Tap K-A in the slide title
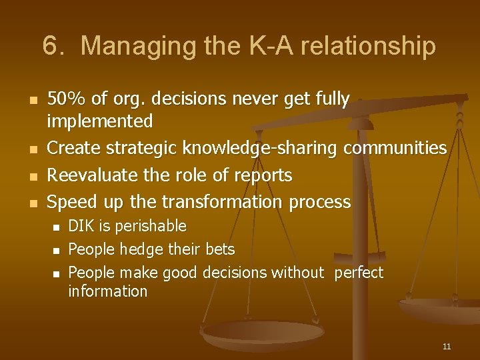pos(260,47)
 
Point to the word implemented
pos(99,121)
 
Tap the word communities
pos(395,147)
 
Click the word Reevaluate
pos(91,175)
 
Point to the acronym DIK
pos(81,226)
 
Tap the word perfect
pos(359,272)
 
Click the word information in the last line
pos(107,291)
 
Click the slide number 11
pos(446,346)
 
